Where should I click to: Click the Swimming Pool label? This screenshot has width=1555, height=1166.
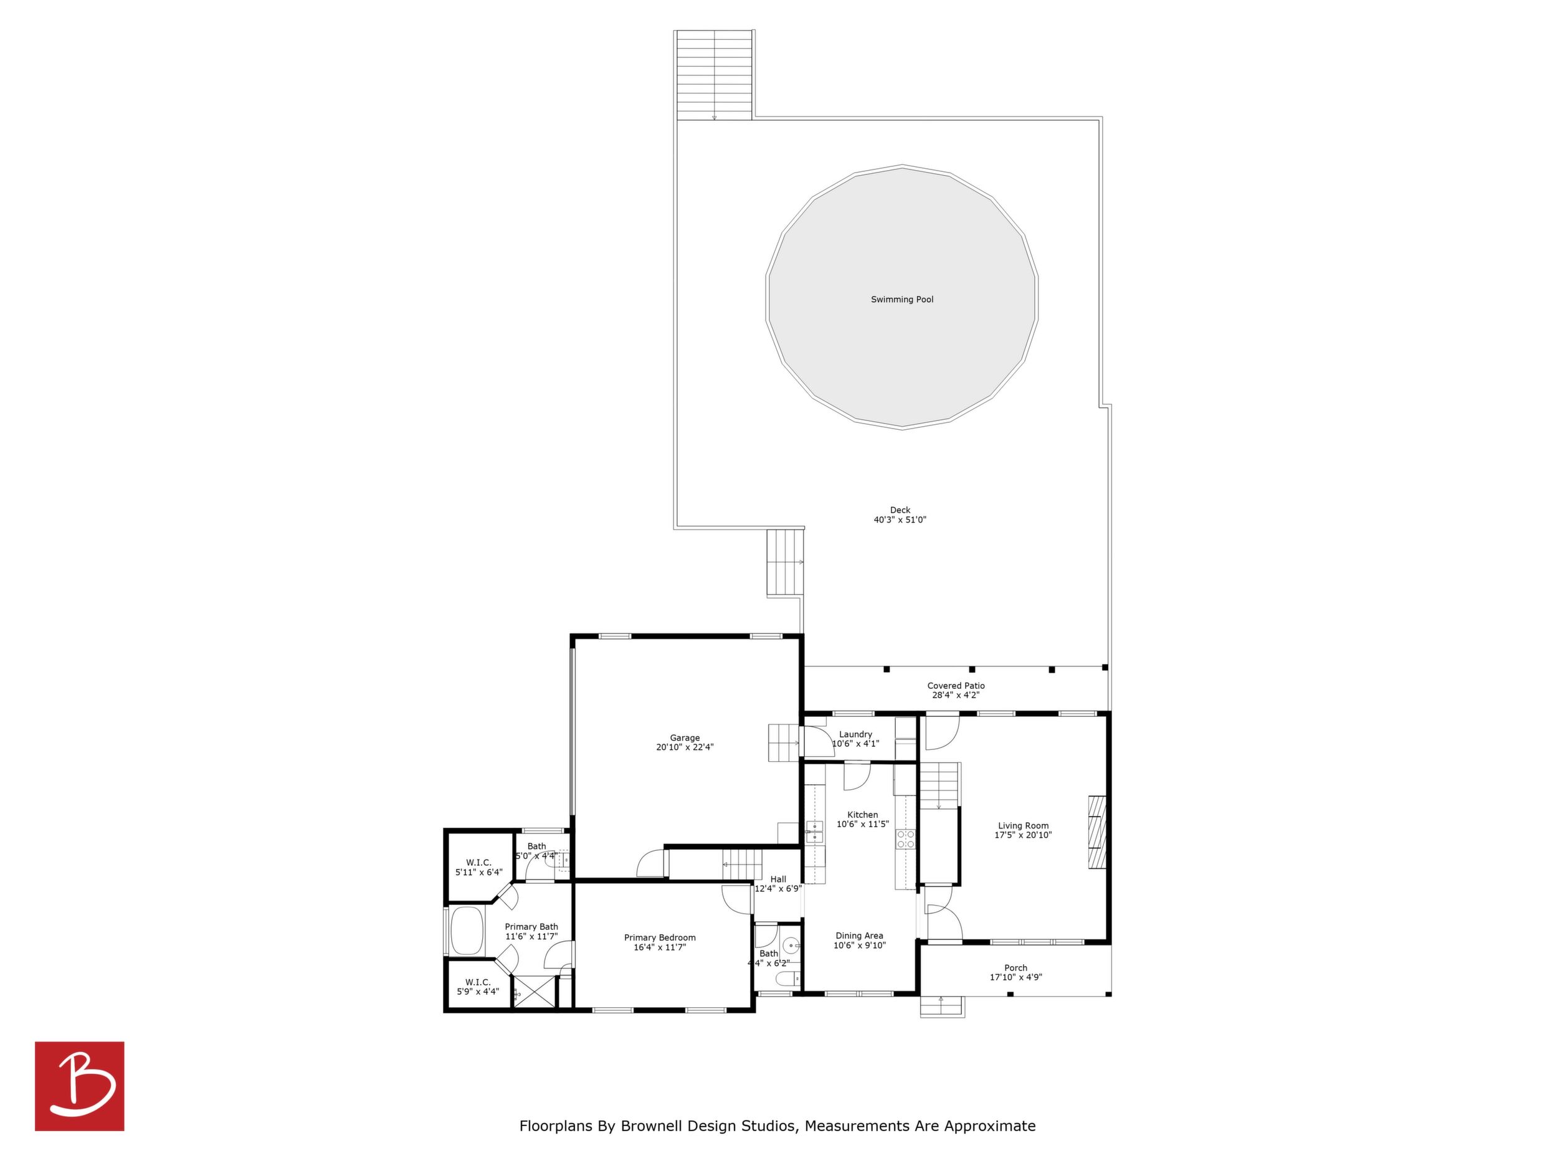902,300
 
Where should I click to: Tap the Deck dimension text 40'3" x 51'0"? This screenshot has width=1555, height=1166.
900,520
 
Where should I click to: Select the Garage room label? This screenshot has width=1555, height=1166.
685,738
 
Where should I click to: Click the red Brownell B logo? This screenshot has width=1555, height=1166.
80,1086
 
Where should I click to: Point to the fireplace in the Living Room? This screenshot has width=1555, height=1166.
1096,832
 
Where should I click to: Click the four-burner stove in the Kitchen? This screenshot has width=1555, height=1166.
905,838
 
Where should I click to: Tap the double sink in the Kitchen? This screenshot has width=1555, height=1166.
815,831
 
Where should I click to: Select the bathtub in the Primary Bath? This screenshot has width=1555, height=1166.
467,931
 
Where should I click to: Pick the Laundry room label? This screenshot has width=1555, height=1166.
855,734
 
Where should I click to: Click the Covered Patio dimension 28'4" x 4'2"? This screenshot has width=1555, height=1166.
956,695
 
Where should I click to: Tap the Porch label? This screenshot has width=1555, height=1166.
1016,968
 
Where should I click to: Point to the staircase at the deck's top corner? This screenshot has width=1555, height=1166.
714,75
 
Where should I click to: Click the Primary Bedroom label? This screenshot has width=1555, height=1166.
660,937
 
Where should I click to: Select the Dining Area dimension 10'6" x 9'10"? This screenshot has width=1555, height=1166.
860,946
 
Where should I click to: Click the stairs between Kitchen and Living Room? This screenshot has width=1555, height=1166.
939,786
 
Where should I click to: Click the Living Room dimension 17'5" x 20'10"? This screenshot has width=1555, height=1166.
1023,836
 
